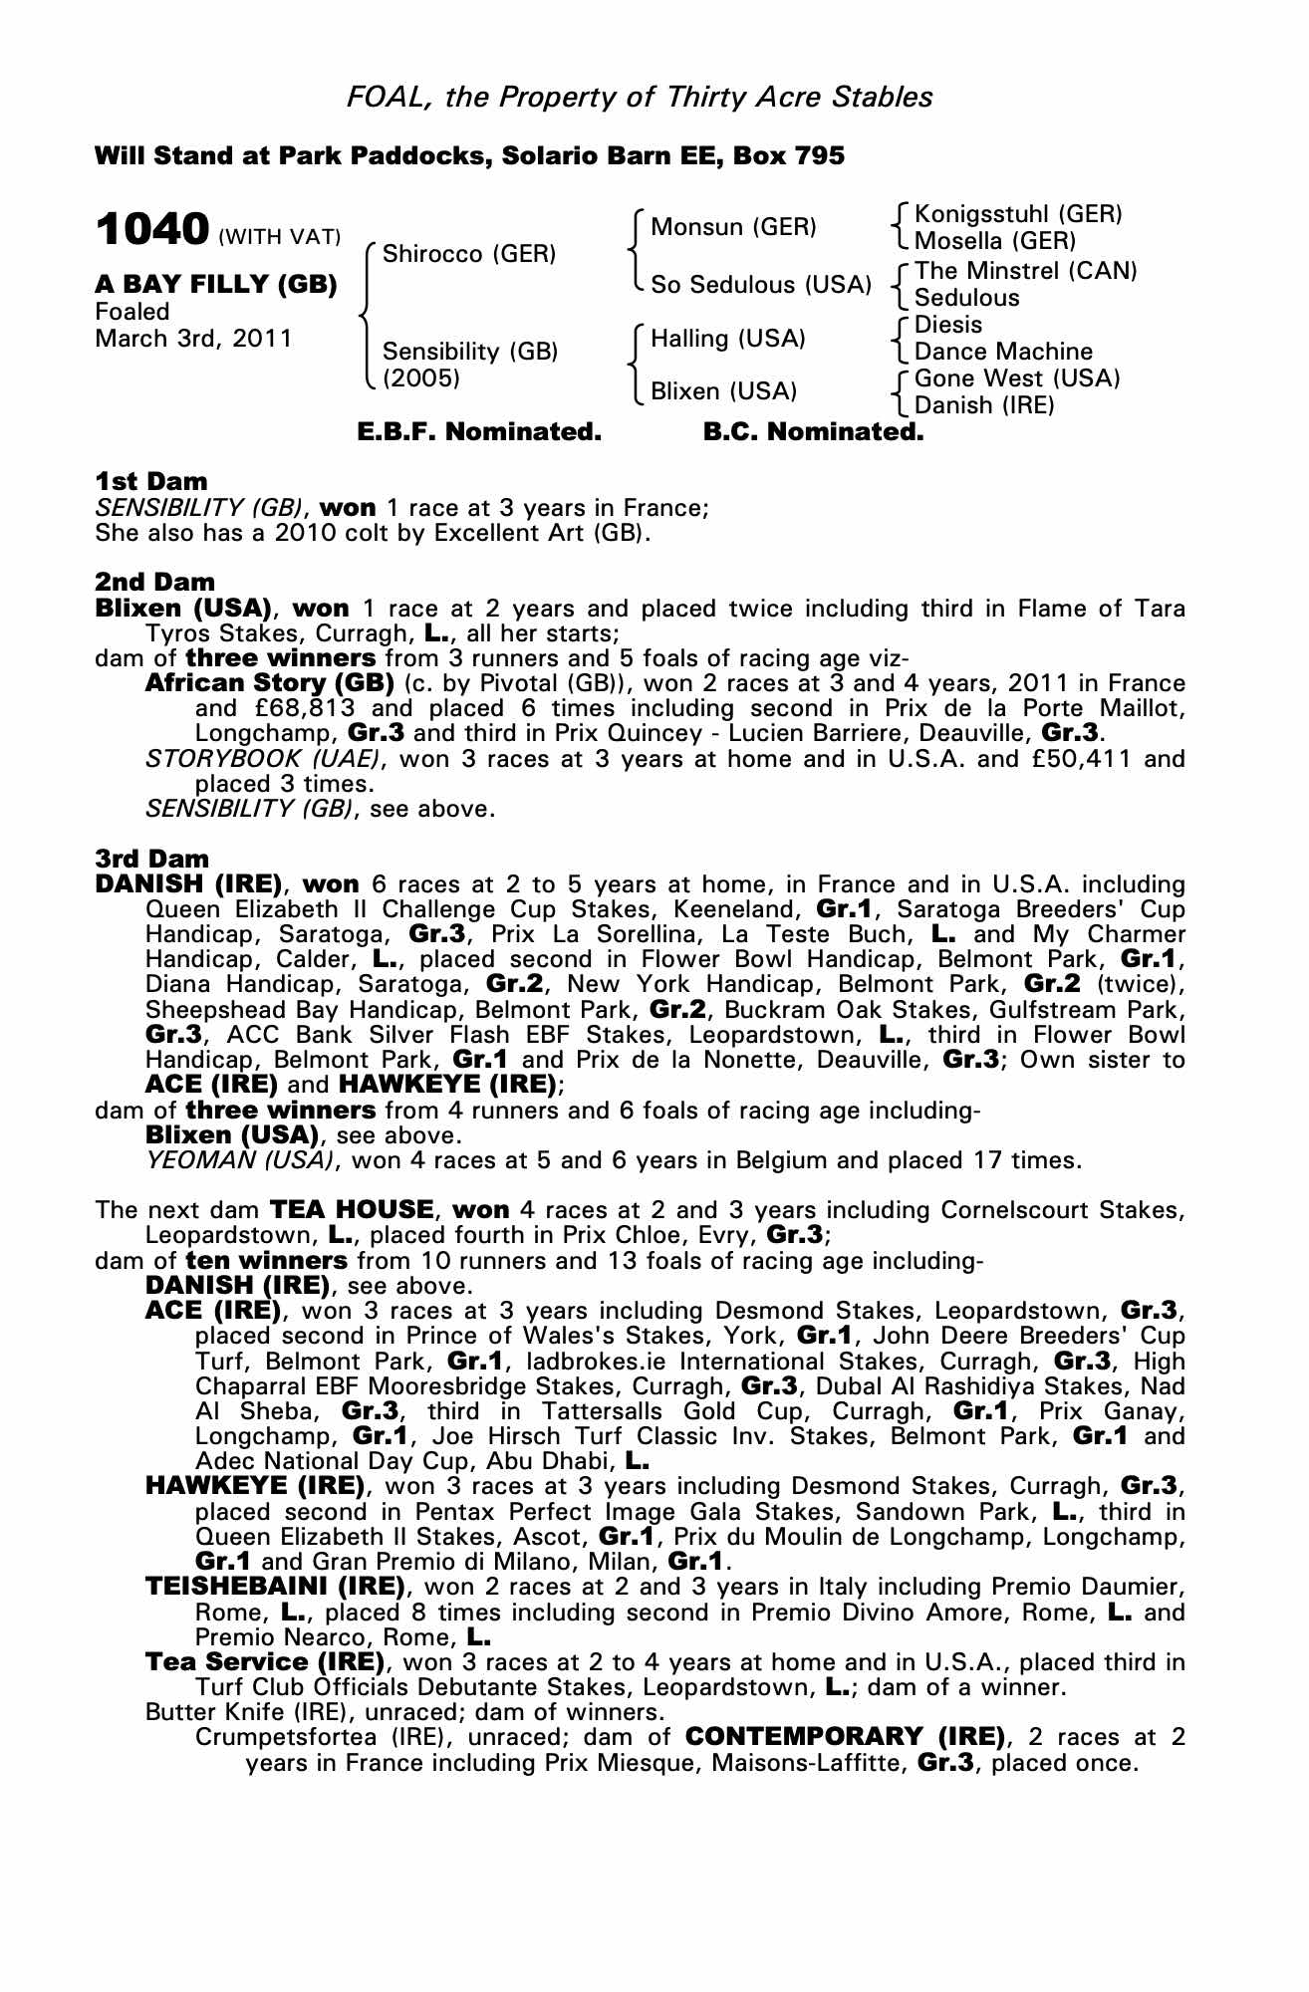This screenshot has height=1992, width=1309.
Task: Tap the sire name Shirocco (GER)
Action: [x=468, y=253]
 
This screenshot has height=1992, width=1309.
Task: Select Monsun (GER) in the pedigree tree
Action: [x=733, y=227]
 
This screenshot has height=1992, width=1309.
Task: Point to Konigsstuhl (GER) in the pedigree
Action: [x=1018, y=214]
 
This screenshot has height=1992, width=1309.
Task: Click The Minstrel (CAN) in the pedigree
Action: [x=1025, y=271]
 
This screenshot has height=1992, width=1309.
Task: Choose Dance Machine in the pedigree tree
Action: [x=1003, y=352]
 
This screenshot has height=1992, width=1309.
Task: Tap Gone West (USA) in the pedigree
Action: [x=1017, y=378]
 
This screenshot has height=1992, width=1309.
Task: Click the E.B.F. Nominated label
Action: [x=479, y=432]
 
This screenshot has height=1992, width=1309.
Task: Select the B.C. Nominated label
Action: [x=813, y=432]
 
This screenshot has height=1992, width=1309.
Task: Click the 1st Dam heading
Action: [x=150, y=483]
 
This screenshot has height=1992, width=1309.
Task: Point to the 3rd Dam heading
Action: [x=151, y=859]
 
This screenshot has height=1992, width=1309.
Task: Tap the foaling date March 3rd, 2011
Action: [x=193, y=339]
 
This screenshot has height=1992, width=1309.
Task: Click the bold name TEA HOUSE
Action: [x=352, y=1210]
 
